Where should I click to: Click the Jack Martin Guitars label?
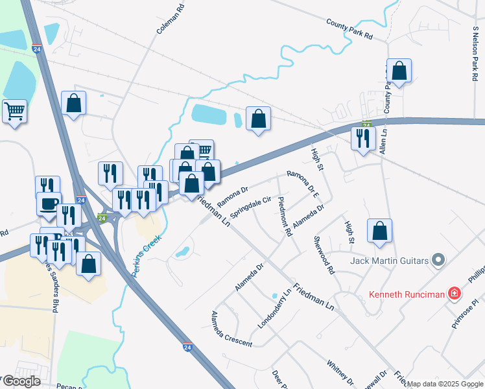pos(389,261)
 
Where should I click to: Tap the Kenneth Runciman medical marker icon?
pos(455,294)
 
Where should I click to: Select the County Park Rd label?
pos(349,29)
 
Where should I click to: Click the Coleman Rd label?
pos(161,20)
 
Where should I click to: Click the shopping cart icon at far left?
pos(14,111)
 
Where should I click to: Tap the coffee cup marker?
pos(49,204)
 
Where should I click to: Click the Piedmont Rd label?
pos(283,217)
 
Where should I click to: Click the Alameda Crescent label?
pos(231,329)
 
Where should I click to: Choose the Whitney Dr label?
pos(340,373)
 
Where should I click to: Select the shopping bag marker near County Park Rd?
pos(399,71)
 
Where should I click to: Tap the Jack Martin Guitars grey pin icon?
pos(439,261)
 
